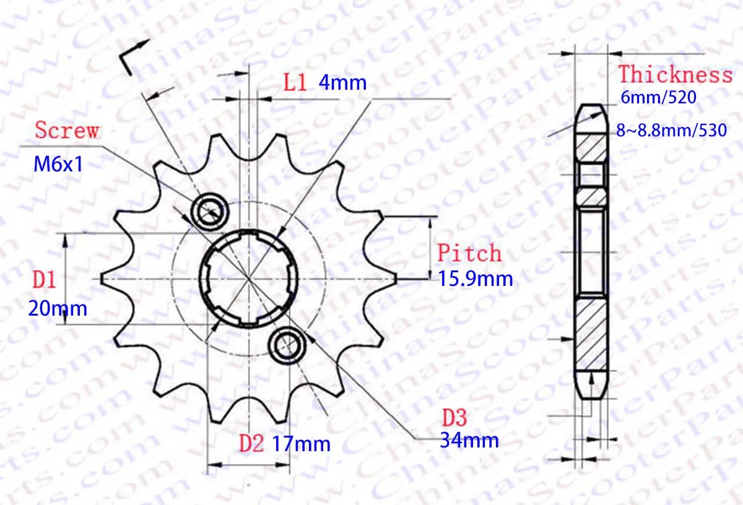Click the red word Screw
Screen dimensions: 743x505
(67, 130)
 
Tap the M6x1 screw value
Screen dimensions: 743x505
(58, 164)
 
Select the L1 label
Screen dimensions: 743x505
(295, 82)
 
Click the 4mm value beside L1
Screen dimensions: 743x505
(342, 82)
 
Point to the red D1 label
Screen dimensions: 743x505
(45, 280)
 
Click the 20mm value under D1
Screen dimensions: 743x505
(58, 308)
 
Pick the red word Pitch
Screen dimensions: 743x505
(469, 252)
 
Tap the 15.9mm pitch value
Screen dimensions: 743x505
(476, 278)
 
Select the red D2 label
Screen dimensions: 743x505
(251, 443)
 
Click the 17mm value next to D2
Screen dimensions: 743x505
(301, 444)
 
